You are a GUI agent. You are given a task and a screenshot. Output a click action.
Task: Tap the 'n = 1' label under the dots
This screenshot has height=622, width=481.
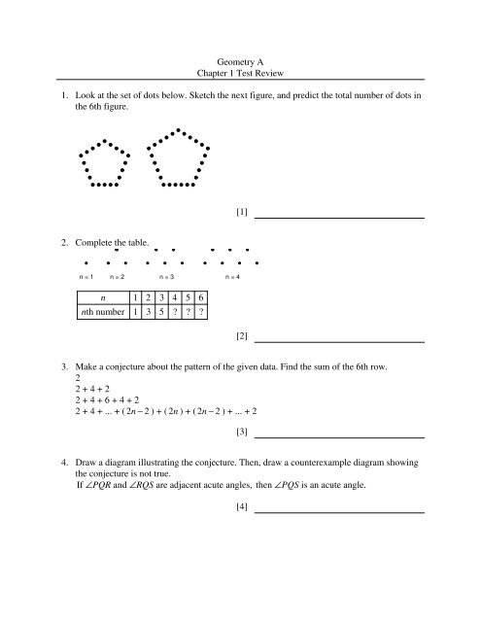tap(87, 278)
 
